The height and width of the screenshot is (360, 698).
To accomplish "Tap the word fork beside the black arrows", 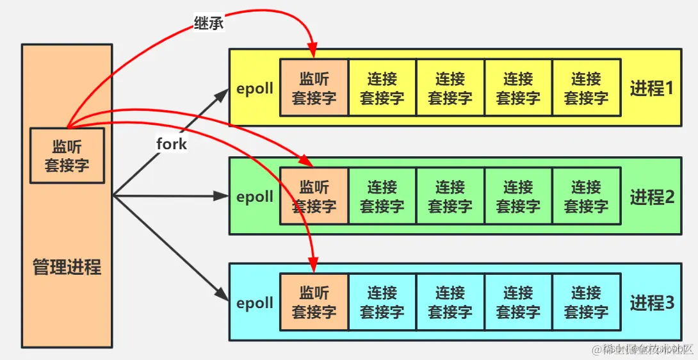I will point(172,143).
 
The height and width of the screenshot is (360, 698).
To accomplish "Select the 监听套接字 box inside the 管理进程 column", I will point(67,155).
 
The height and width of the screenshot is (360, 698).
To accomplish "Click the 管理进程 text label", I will point(67,267).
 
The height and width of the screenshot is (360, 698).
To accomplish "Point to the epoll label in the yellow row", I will point(255,88).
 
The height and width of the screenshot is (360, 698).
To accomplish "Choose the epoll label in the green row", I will point(255,197).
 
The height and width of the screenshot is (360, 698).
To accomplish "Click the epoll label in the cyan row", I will point(255,303).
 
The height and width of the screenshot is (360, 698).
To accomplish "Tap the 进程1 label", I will point(652,88).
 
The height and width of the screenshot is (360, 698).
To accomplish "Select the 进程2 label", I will point(652,197).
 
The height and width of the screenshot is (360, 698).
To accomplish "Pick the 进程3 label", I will point(652,303).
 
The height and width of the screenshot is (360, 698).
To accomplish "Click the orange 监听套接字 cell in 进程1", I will point(314,88).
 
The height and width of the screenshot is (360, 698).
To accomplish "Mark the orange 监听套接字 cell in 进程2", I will point(314,196).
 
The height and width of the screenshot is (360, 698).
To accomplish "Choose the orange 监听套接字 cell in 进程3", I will point(314,302).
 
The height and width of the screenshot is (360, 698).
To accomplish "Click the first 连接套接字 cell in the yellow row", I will point(382,88).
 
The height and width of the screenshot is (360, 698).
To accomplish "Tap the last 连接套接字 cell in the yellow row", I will point(586,88).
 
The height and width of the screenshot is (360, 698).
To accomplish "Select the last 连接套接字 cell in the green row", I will point(586,196).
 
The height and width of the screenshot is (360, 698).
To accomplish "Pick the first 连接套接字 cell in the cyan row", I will point(382,302).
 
